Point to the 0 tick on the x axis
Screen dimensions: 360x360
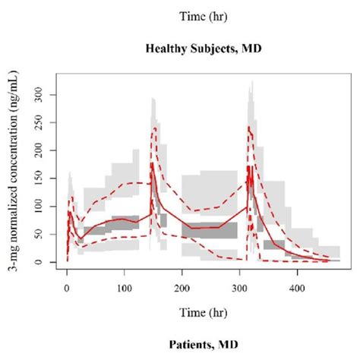(x=67, y=288)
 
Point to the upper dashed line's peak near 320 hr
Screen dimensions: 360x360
(x=248, y=127)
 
